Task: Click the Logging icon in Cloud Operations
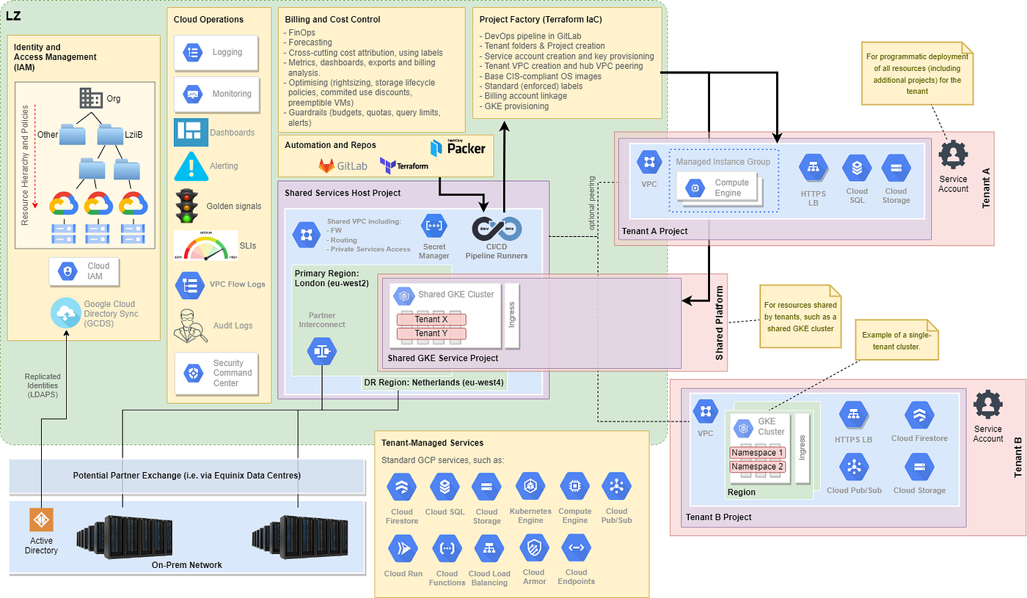click(x=194, y=53)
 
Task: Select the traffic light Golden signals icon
click(x=187, y=206)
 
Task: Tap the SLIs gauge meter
click(x=205, y=247)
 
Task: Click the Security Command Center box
click(x=216, y=373)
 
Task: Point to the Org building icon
click(x=91, y=98)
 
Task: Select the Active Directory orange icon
click(x=41, y=520)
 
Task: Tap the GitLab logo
click(x=342, y=166)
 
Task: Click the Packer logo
click(x=457, y=147)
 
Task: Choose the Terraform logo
click(x=403, y=165)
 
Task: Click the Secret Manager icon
click(x=434, y=227)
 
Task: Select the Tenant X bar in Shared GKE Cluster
click(x=431, y=320)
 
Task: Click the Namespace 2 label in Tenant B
click(x=757, y=467)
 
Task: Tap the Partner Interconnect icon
click(x=322, y=351)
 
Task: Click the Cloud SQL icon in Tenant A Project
click(x=857, y=168)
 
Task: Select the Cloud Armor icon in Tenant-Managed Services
click(x=533, y=547)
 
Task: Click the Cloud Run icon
click(x=402, y=548)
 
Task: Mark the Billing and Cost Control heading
click(x=332, y=20)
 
